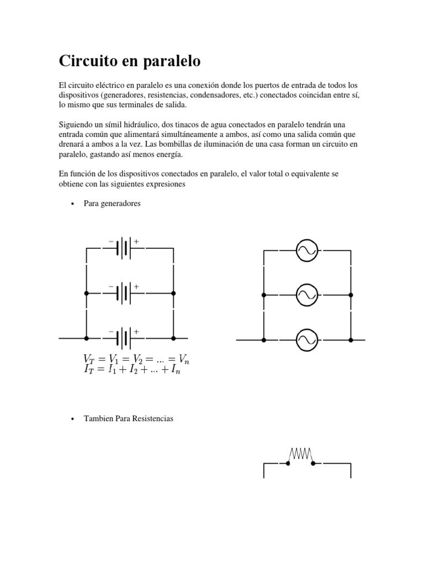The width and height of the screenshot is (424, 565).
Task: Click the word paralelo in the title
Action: click(173, 62)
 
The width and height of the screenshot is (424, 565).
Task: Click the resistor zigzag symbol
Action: click(301, 454)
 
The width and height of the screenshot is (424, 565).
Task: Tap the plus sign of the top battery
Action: click(136, 241)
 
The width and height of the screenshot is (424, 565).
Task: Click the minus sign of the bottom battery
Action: click(112, 332)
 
